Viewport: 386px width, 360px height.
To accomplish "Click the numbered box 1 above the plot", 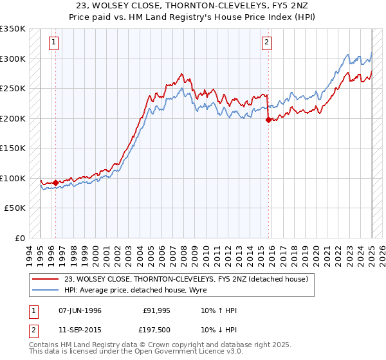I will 53,43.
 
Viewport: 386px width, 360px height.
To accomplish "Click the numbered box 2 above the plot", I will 266,43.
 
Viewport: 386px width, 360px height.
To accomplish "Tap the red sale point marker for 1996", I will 55,183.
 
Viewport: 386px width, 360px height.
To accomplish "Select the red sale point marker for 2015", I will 268,120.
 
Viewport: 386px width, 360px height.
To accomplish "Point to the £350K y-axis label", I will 14,29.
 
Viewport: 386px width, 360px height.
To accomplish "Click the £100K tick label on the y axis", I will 14,178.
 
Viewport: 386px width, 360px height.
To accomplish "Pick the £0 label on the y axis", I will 21,238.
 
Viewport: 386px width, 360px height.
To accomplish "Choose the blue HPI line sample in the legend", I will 46,290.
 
